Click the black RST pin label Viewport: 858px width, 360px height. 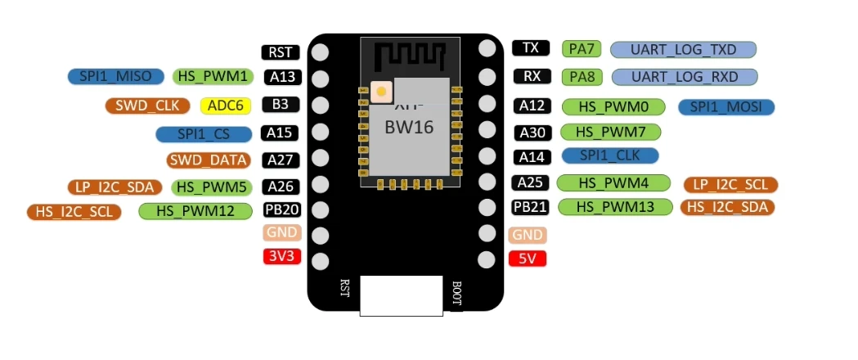point(281,52)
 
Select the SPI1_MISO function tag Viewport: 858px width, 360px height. point(115,76)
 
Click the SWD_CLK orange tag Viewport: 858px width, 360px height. point(147,106)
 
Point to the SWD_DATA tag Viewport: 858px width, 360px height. point(209,160)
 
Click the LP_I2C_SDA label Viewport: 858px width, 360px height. point(115,187)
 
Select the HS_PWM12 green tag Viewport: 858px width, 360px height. point(194,211)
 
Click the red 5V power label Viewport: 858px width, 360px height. point(528,259)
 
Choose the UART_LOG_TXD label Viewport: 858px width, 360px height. point(683,50)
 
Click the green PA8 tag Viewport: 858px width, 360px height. point(582,77)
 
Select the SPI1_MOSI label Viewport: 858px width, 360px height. point(725,107)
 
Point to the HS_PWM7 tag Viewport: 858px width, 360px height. point(611,132)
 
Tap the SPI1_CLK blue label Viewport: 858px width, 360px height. point(610,155)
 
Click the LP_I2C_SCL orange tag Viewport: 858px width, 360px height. point(730,185)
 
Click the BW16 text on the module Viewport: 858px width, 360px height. point(409,128)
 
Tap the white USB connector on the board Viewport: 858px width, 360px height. point(402,295)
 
